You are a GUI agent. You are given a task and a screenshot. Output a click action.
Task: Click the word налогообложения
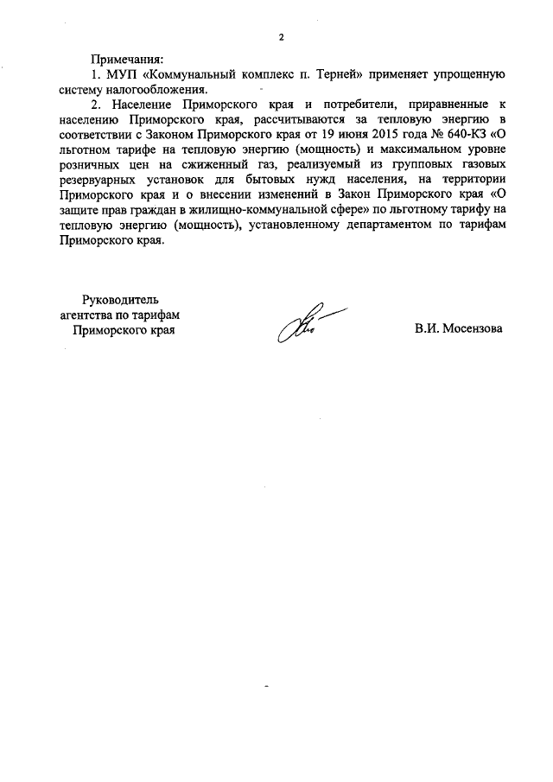(x=162, y=88)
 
